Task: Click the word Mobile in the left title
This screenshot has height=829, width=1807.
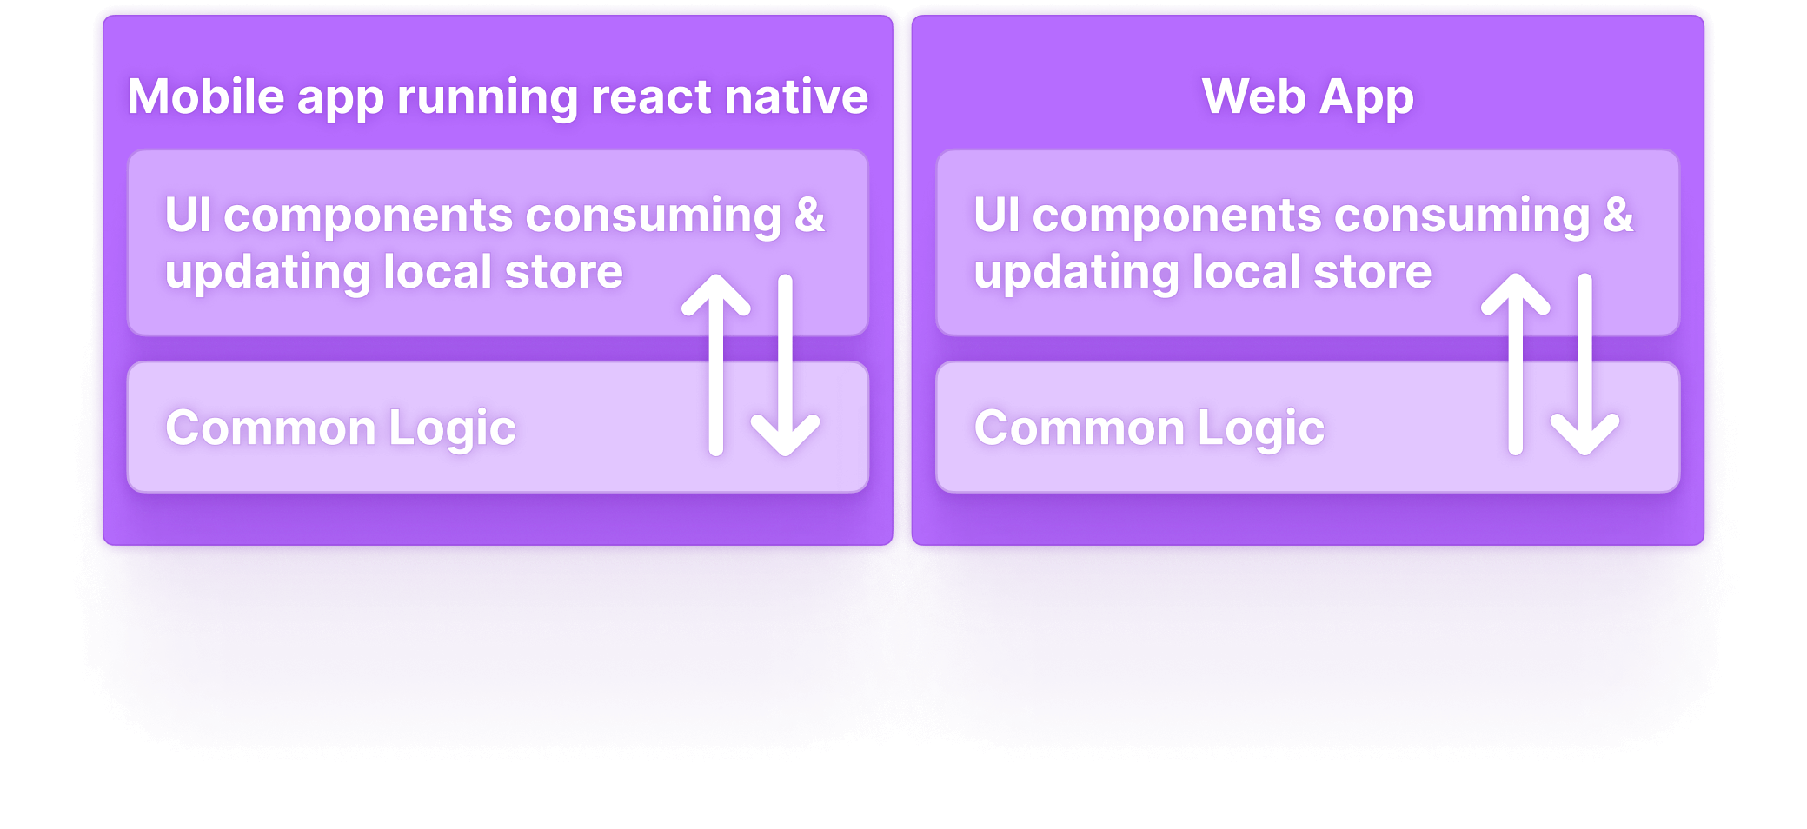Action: (x=206, y=96)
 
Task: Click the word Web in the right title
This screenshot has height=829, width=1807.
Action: (x=1253, y=96)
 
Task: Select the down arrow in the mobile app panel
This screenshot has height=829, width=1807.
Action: (x=785, y=365)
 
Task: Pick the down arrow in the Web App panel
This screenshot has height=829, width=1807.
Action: (x=1584, y=365)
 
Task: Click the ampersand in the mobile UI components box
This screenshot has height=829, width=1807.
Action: (x=809, y=216)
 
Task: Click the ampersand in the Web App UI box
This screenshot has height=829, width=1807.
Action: (x=1618, y=216)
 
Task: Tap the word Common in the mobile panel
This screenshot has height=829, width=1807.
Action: (x=270, y=428)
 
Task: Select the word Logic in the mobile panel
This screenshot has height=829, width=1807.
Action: (x=452, y=429)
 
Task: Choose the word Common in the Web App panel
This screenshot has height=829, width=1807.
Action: (x=1079, y=428)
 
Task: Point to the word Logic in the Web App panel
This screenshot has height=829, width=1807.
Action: (x=1260, y=429)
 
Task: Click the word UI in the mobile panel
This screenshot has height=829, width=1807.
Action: (x=188, y=215)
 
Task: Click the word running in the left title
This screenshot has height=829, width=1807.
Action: (x=487, y=98)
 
